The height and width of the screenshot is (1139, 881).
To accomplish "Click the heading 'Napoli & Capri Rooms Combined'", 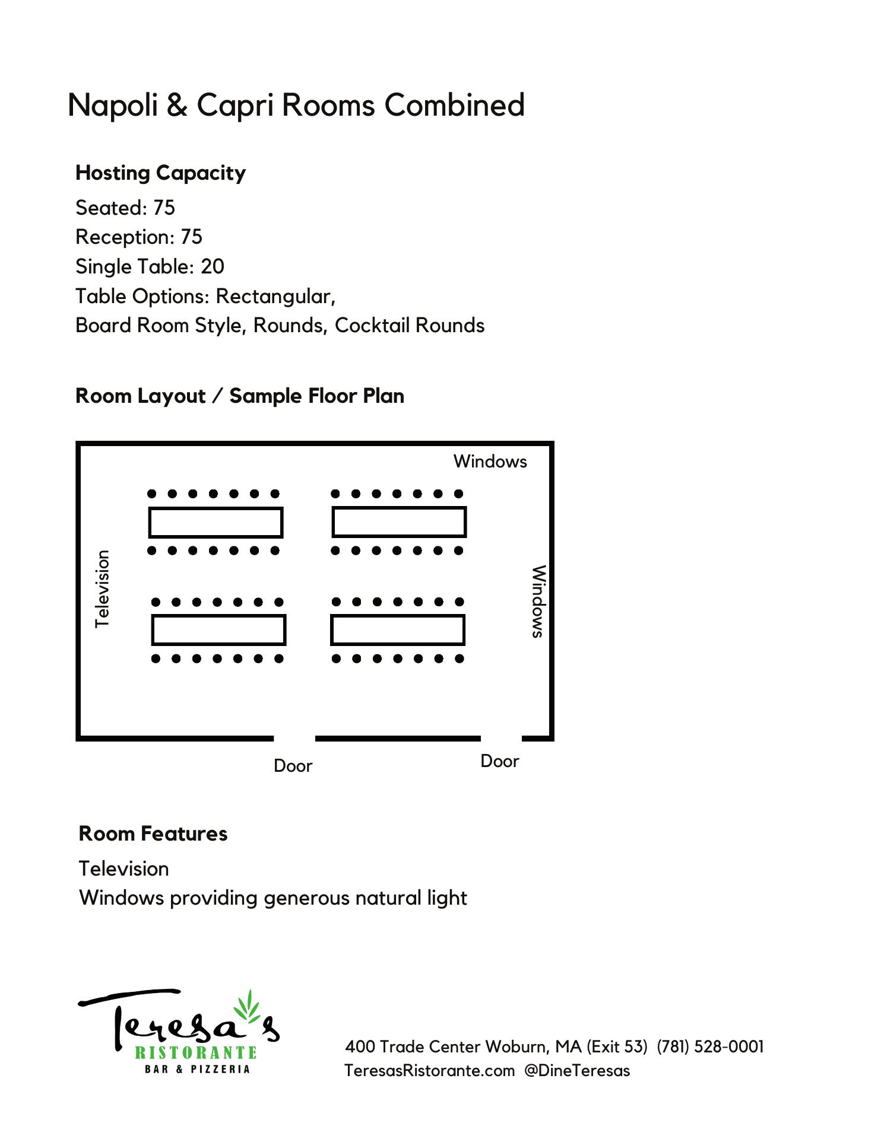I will click(296, 106).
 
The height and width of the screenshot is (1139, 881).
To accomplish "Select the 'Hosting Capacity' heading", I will click(160, 173).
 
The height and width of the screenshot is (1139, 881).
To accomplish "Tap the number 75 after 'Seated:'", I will click(164, 208).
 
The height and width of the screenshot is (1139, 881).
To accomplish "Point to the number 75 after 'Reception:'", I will click(191, 237).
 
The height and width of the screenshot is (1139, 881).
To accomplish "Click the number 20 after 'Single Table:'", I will click(212, 267).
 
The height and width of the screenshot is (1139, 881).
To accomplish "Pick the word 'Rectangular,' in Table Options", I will click(275, 296).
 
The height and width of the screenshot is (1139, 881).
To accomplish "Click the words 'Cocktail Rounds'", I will click(410, 326).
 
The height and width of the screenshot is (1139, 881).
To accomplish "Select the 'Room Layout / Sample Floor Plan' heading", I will click(240, 396).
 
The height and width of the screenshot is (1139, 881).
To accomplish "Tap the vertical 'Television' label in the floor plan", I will click(103, 589).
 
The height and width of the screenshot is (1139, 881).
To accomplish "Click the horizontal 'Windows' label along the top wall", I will click(490, 462).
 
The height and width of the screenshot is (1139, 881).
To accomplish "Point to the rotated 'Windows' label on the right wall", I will click(538, 602).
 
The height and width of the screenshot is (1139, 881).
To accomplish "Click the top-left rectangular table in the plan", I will click(216, 522).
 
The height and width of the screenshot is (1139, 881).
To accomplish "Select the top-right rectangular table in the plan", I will click(399, 522).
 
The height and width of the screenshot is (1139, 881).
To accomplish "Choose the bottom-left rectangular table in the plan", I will click(219, 630).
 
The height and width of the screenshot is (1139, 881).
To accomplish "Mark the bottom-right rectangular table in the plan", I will click(398, 630).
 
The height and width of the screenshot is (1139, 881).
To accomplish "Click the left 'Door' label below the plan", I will click(293, 766).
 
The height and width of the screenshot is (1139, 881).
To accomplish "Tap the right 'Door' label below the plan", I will click(499, 761).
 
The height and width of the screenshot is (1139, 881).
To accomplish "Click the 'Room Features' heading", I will click(153, 834).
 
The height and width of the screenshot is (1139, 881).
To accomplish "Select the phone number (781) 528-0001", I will click(710, 1046).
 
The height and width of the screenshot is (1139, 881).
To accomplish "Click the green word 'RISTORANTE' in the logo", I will click(196, 1053).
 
